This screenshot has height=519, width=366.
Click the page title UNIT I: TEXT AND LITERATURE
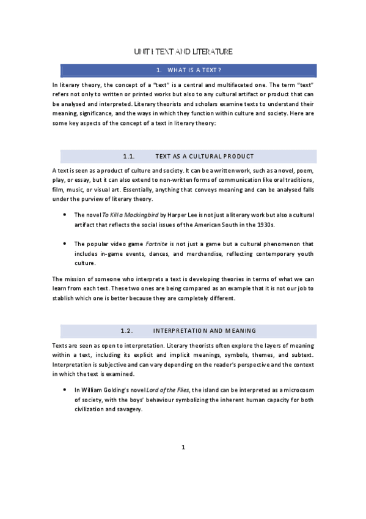(x=183, y=52)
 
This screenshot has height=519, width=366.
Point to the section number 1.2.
(x=127, y=331)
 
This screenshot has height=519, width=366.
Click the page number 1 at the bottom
(x=183, y=447)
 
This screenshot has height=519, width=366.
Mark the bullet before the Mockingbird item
(x=65, y=215)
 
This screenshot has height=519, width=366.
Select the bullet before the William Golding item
(x=65, y=389)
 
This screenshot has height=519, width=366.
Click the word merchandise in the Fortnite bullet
(x=216, y=253)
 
